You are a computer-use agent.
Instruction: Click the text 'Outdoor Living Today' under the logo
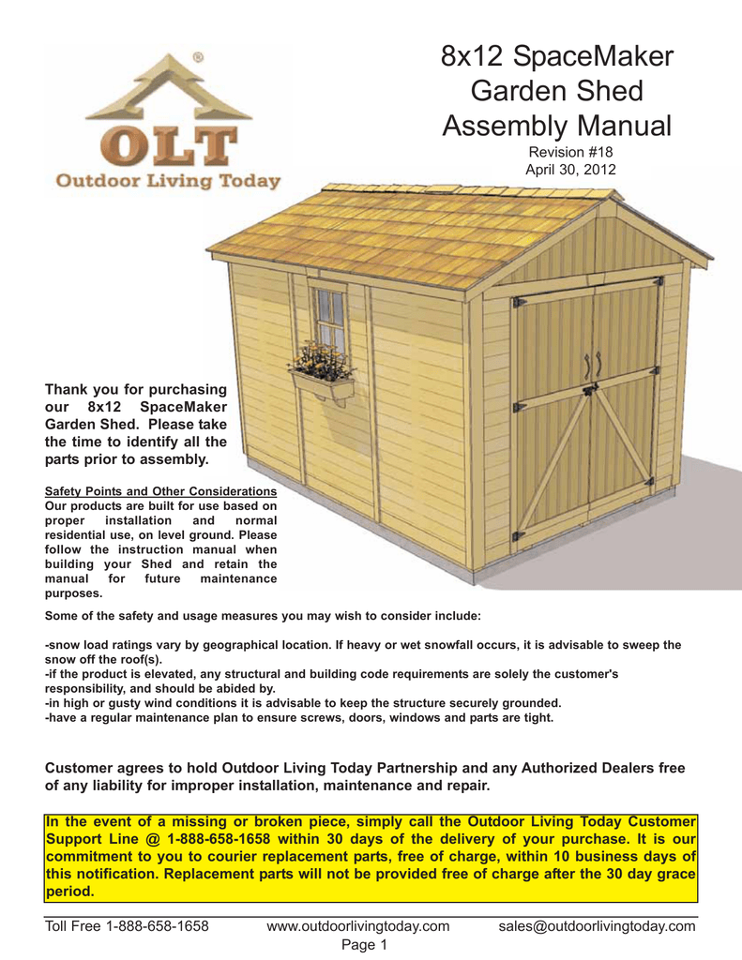pyautogui.click(x=169, y=181)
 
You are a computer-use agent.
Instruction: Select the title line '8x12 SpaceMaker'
pyautogui.click(x=557, y=58)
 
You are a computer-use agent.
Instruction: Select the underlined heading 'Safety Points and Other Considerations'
pyautogui.click(x=160, y=490)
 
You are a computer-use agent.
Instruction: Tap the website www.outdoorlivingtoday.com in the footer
pyautogui.click(x=358, y=926)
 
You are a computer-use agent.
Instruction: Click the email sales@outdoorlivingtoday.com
pyautogui.click(x=597, y=926)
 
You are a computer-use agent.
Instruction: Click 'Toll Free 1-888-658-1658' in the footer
pyautogui.click(x=127, y=926)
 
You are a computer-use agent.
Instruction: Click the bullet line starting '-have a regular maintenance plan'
pyautogui.click(x=299, y=718)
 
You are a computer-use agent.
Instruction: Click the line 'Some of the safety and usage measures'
pyautogui.click(x=263, y=616)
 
